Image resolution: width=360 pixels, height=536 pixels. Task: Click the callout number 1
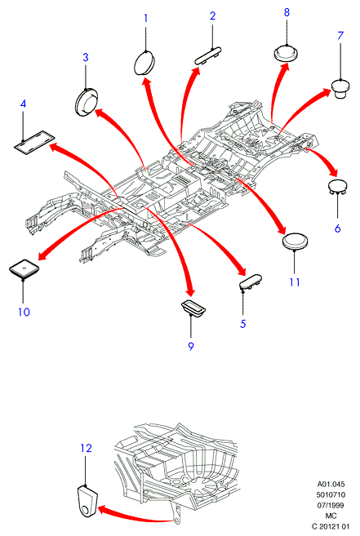point(146,18)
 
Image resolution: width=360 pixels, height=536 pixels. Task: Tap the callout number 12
point(87,448)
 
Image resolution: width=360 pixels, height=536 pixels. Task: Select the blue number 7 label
point(340,36)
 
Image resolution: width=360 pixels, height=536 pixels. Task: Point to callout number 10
point(24,312)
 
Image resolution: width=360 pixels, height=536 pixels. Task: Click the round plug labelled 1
point(144,62)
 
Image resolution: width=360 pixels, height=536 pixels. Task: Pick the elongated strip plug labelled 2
point(208,56)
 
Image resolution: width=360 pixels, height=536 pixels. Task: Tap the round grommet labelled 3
point(87,102)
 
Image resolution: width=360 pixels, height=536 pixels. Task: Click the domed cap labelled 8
point(287,53)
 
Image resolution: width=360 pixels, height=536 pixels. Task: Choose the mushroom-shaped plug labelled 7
point(340,89)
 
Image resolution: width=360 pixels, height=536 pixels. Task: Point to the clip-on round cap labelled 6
point(337,187)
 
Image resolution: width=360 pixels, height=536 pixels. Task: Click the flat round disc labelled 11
point(295,241)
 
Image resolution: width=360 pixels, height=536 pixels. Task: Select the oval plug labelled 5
point(251,281)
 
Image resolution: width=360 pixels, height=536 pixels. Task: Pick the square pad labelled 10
point(24,268)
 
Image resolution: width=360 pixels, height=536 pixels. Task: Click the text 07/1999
point(331,505)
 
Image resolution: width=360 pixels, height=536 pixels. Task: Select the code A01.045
point(331,484)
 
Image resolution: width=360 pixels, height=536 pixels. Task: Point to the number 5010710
point(331,494)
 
